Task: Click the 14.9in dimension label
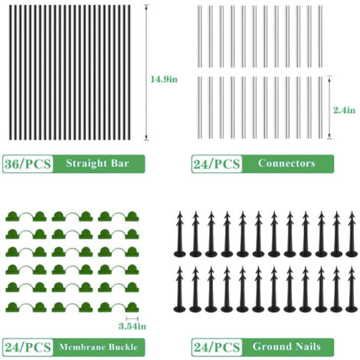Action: [x=164, y=79]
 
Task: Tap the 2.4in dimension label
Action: [x=344, y=110]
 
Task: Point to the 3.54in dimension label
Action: [x=133, y=326]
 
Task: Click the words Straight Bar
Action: [x=97, y=163]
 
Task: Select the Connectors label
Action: [x=286, y=163]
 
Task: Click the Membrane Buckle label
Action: [x=98, y=347]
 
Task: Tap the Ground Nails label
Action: [x=286, y=346]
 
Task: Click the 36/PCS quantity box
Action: [x=28, y=164]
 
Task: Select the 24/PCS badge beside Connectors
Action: [x=217, y=164]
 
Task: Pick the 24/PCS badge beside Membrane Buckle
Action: [x=28, y=347]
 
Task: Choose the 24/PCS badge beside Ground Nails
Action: [x=217, y=347]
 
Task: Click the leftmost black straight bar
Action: [x=11, y=72]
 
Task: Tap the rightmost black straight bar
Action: [x=129, y=72]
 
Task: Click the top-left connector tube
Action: [x=200, y=36]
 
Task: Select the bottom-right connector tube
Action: [x=320, y=107]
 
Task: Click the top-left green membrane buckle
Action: [x=26, y=218]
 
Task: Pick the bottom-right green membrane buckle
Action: [x=119, y=308]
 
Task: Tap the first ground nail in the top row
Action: [x=180, y=234]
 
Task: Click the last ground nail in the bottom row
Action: [x=352, y=290]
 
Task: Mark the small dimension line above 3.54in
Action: [x=133, y=319]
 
